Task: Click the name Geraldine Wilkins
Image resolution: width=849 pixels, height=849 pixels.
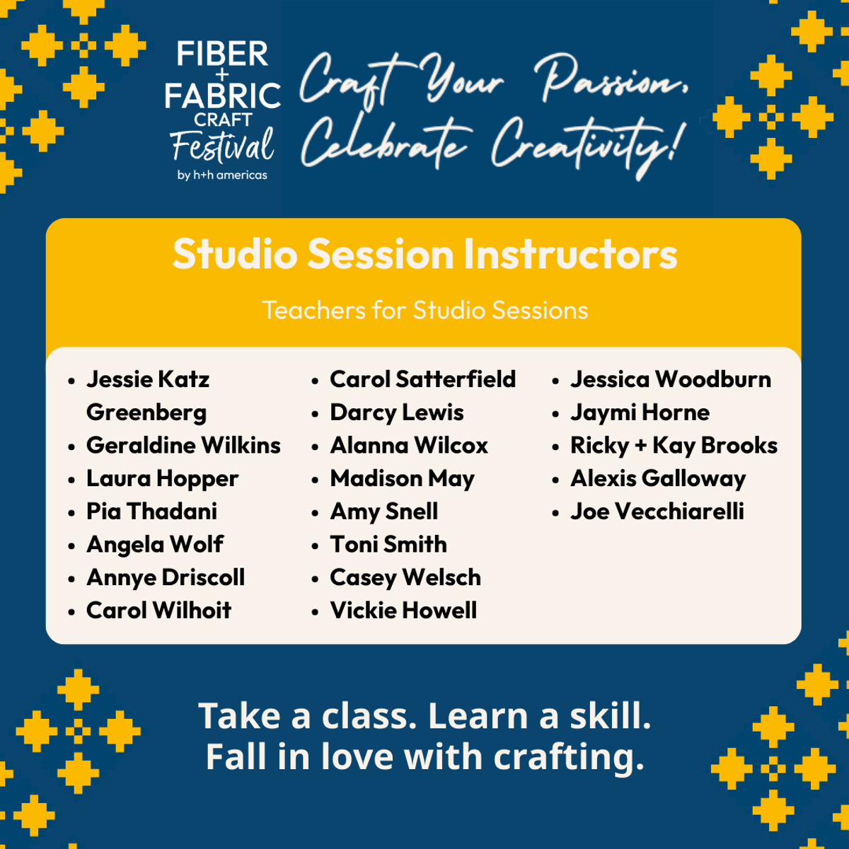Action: click(x=183, y=446)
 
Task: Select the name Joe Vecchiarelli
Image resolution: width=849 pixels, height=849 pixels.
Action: click(x=657, y=512)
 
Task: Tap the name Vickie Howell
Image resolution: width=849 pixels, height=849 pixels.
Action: click(x=403, y=611)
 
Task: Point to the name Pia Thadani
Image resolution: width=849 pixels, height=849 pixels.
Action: click(x=151, y=512)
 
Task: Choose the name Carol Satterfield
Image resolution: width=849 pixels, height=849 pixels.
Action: click(x=422, y=379)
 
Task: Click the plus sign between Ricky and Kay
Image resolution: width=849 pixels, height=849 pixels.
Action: click(x=640, y=446)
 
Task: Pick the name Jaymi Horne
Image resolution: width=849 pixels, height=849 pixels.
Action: click(x=640, y=413)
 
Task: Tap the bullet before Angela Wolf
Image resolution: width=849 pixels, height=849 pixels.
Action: click(x=72, y=546)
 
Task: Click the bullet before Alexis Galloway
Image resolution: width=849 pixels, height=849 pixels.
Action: click(x=555, y=480)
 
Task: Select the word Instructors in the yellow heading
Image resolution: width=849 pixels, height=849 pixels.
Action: click(x=570, y=254)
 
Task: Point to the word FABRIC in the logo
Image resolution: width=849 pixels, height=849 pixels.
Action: click(x=222, y=96)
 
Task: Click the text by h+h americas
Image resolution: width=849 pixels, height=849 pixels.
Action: click(x=222, y=175)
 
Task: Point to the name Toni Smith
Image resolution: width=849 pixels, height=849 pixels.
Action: click(x=388, y=545)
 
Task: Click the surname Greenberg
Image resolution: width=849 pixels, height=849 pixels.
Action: click(x=146, y=413)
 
